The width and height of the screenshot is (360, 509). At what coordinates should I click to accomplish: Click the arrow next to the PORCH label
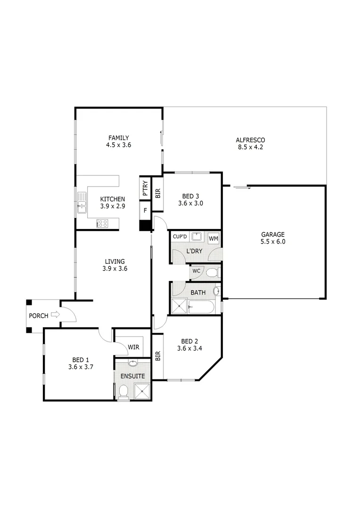(x=56, y=315)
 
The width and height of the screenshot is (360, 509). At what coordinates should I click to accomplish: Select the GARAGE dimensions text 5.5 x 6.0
(x=273, y=241)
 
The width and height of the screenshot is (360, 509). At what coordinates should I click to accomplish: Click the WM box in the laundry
(x=213, y=238)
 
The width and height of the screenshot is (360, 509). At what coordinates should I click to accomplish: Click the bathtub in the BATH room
(x=201, y=307)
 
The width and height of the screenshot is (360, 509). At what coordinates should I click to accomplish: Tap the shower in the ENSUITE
(x=142, y=390)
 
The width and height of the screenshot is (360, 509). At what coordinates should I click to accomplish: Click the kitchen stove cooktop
(x=102, y=223)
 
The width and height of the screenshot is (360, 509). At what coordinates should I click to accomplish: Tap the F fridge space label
(x=145, y=211)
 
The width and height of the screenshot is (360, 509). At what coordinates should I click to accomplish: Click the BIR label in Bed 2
(x=157, y=355)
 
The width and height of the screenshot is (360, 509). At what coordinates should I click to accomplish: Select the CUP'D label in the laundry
(x=180, y=237)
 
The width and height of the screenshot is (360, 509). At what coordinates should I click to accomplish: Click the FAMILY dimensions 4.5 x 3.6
(x=118, y=145)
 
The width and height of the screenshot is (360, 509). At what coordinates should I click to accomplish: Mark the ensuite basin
(x=133, y=364)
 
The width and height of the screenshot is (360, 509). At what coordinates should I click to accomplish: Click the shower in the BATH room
(x=179, y=306)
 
